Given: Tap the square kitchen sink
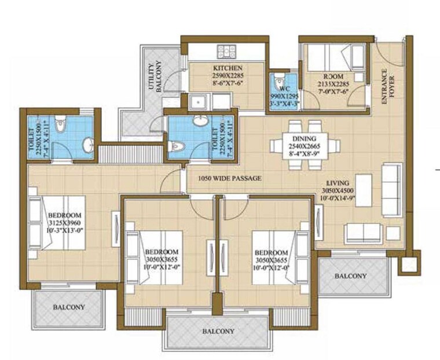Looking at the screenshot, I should [x=199, y=102].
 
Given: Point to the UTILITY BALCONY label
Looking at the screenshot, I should [x=155, y=78].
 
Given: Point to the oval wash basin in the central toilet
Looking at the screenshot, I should [x=200, y=123].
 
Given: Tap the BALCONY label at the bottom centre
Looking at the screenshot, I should [x=218, y=332].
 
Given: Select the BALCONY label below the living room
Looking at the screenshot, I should [x=351, y=276].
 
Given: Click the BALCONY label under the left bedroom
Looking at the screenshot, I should [x=69, y=307].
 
